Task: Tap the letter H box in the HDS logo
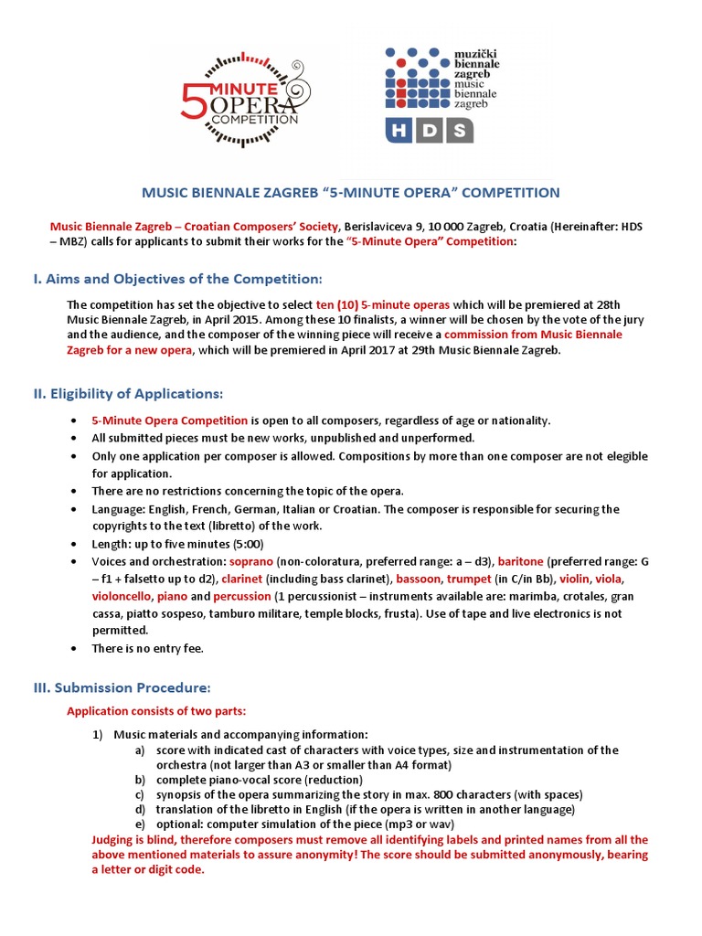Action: (x=402, y=131)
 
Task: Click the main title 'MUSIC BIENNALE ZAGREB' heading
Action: (x=351, y=193)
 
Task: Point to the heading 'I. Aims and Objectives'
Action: (x=177, y=278)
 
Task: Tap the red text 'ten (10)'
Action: (x=336, y=303)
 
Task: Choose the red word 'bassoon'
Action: (x=422, y=579)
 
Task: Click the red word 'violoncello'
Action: (x=122, y=596)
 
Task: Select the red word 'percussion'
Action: (x=241, y=596)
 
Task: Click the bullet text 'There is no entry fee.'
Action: (x=147, y=648)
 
